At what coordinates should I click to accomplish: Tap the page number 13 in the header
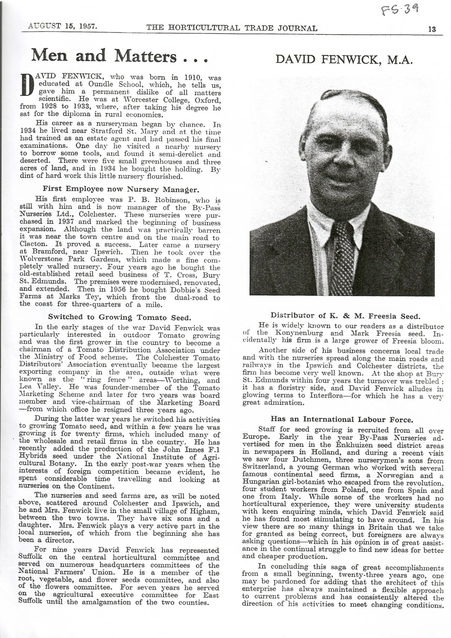432,29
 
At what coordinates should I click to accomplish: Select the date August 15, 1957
62,26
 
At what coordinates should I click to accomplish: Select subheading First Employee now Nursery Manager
121,189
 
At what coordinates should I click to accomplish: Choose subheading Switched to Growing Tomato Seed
120,317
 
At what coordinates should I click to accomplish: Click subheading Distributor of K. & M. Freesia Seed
345,316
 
